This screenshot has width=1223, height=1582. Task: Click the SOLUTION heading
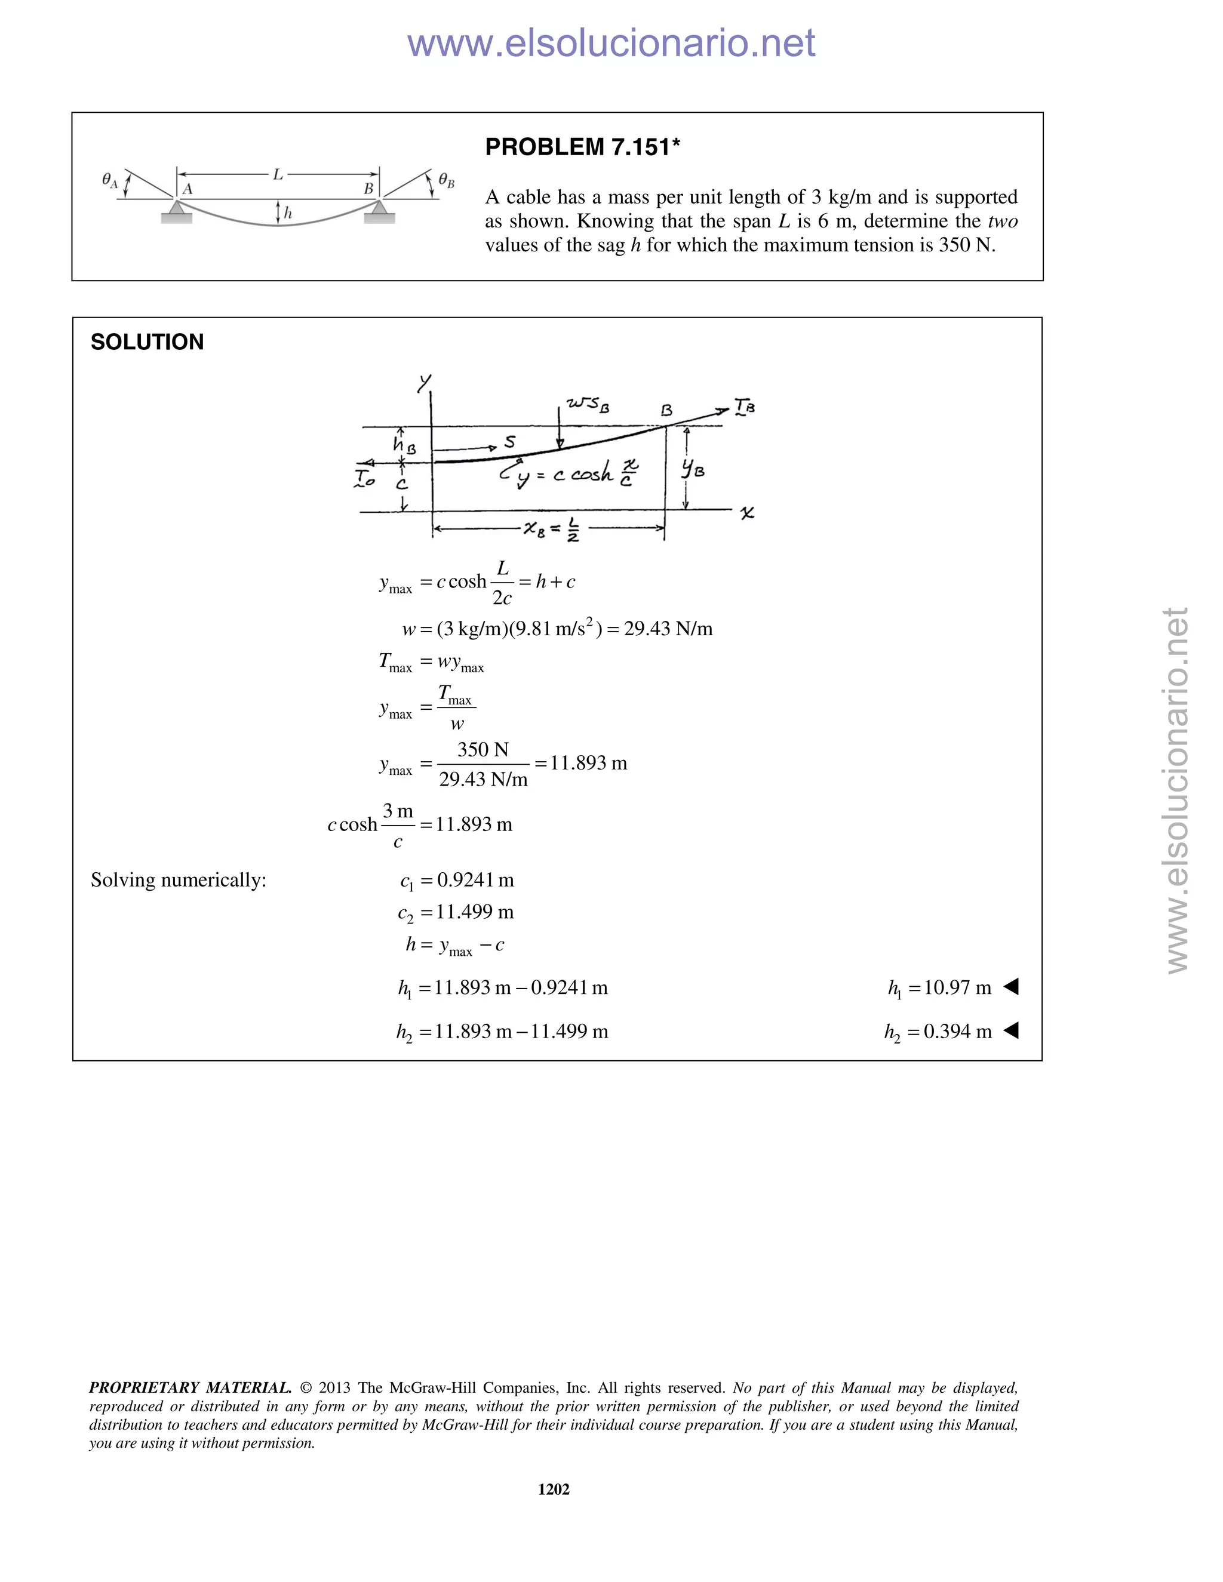click(147, 342)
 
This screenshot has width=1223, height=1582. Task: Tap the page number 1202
click(554, 1488)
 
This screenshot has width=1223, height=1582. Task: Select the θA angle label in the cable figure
click(109, 180)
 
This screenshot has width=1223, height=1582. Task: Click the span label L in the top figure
click(278, 174)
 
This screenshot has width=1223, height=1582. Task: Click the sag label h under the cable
click(288, 213)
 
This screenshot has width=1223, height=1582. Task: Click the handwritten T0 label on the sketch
click(364, 478)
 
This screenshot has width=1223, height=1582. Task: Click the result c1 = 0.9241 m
click(456, 880)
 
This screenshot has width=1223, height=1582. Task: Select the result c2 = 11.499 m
click(456, 912)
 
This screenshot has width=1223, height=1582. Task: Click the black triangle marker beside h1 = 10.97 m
click(1011, 987)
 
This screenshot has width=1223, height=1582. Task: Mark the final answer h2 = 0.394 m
click(938, 1032)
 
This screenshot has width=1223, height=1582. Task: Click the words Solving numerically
click(178, 880)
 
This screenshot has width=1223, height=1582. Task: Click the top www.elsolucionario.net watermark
click(611, 44)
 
